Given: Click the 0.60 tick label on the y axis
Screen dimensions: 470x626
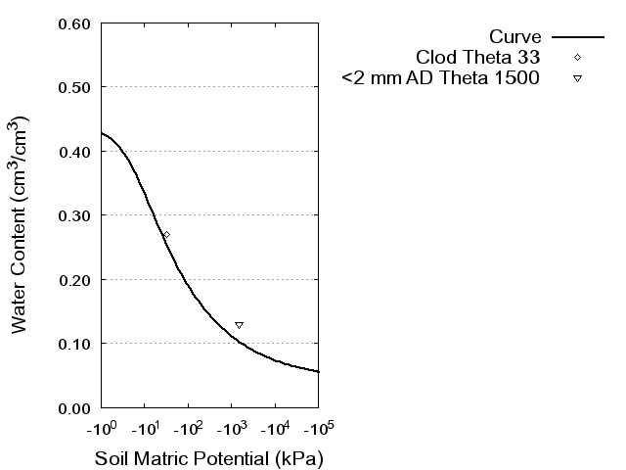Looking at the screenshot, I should click(74, 23).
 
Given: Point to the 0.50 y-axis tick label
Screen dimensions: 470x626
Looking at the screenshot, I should click(74, 87).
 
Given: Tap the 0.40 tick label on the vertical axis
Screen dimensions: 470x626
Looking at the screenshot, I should click(74, 152).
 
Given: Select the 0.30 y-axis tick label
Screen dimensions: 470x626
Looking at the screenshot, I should click(74, 215).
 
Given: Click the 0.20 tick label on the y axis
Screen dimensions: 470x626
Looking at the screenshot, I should click(74, 280).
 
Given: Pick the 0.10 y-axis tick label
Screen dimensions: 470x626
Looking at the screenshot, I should click(74, 344).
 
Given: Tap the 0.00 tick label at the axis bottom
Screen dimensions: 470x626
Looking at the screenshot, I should click(74, 407).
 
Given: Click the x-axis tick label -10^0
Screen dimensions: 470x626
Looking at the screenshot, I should click(101, 428).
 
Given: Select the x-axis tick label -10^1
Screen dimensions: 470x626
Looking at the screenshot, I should click(144, 428).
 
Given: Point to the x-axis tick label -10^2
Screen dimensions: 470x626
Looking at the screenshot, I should click(188, 428).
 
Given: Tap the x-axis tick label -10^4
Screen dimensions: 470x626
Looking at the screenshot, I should click(275, 428).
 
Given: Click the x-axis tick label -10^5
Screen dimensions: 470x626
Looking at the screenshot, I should click(318, 428).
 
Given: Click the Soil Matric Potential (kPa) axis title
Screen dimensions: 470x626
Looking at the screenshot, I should click(208, 458).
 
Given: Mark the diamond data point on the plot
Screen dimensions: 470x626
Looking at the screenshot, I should click(166, 235).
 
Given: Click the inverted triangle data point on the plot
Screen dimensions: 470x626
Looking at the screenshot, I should click(239, 325).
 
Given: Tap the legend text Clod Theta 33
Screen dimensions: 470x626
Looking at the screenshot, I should click(478, 57).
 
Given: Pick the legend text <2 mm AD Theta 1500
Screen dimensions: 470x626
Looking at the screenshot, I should click(441, 77).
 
